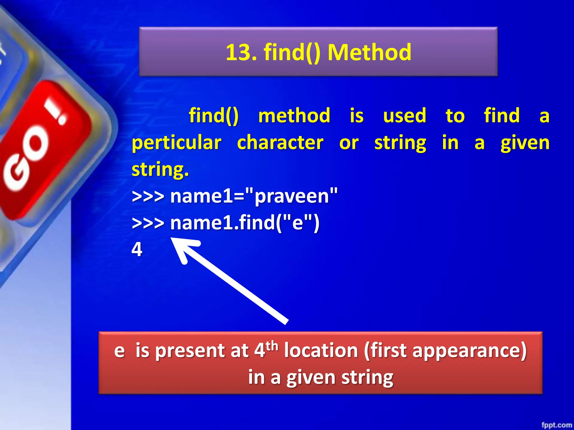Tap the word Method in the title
[x=369, y=52]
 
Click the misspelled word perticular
[x=177, y=143]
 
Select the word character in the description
[x=280, y=142]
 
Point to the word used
[x=404, y=115]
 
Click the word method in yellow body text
[x=294, y=115]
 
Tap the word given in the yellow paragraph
[x=525, y=143]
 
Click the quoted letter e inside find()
[x=298, y=223]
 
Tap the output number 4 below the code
[x=137, y=249]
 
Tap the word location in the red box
[x=321, y=350]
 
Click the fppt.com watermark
[x=557, y=425]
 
